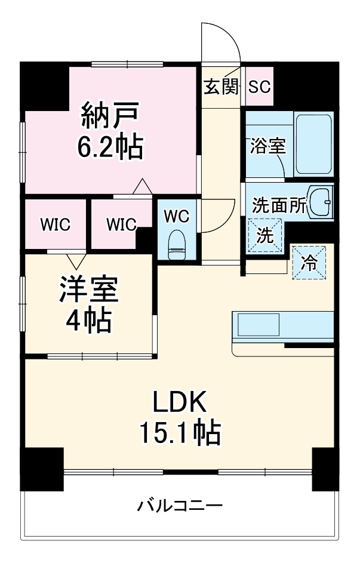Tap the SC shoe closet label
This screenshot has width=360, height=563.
[x=259, y=87]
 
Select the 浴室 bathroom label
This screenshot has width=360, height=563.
[x=266, y=146]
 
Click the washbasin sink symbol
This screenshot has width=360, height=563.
[x=323, y=204]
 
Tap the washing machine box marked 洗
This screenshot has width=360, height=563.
[x=265, y=235]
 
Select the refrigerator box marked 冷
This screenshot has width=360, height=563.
[x=309, y=263]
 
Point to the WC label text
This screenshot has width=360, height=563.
[x=177, y=216]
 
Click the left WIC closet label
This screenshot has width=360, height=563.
[x=56, y=224]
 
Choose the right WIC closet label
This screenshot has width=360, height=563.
[x=121, y=224]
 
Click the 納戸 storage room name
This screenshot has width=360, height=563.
[x=110, y=115]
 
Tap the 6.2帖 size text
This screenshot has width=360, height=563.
[x=110, y=146]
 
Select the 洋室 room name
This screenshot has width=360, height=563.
[x=88, y=291]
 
